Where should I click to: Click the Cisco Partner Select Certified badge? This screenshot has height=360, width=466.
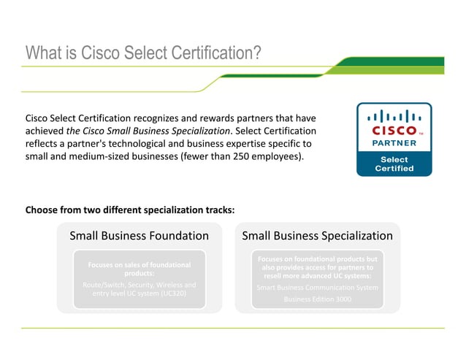394,139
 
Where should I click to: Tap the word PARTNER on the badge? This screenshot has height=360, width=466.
394,143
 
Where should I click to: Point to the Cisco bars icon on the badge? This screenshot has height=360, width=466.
394,115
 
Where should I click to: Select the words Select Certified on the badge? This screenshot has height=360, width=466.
394,164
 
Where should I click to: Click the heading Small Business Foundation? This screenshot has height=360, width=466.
139,236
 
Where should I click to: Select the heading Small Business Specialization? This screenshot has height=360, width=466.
317,236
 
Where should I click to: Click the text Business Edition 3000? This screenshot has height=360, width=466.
317,299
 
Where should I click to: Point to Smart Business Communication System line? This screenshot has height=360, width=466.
317,287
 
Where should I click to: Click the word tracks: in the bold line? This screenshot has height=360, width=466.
218,210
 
